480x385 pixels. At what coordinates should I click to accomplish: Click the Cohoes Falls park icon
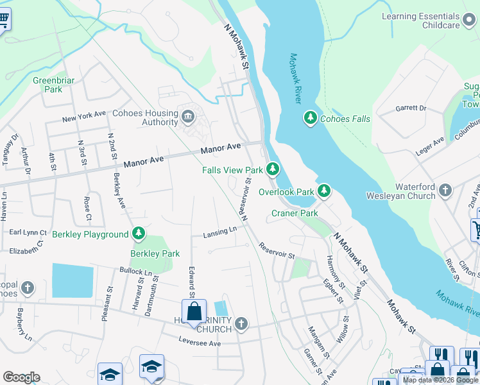click(x=311, y=118)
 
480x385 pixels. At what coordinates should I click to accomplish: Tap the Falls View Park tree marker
click(x=273, y=169)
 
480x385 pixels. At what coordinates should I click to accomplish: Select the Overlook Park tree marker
click(x=325, y=191)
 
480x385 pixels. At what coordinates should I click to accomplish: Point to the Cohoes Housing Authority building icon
click(x=188, y=116)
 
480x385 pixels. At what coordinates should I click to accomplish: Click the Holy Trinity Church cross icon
click(x=241, y=323)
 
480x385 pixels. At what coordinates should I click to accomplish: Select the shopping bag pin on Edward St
click(x=194, y=313)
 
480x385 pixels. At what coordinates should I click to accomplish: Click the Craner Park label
click(x=295, y=213)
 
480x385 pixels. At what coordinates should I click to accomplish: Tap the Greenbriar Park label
click(x=49, y=85)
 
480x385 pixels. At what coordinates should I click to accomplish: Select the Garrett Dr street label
click(x=411, y=108)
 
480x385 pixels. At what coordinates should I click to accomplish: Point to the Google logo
click(x=21, y=377)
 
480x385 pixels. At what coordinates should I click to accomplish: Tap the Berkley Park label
click(x=155, y=253)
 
